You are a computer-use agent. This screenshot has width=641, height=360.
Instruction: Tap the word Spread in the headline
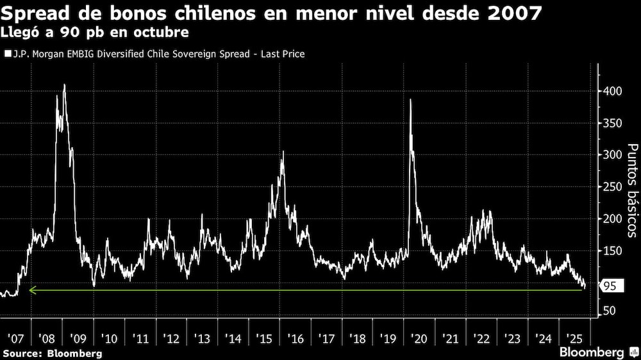point(37,12)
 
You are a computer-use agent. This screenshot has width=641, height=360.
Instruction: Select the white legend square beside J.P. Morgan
point(7,54)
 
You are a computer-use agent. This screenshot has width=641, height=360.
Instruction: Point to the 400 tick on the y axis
point(612,92)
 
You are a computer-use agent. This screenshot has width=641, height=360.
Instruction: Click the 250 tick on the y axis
point(612,186)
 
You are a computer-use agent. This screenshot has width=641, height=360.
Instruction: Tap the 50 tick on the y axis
point(610,311)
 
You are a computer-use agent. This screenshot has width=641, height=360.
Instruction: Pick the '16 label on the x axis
point(297,338)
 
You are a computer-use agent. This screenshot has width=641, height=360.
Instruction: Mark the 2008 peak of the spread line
point(64,85)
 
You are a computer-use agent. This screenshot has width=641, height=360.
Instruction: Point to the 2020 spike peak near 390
point(410,100)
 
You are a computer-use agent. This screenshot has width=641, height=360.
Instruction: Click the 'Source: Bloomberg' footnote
point(53,353)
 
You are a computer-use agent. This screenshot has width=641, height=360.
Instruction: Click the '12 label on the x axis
point(171,338)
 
